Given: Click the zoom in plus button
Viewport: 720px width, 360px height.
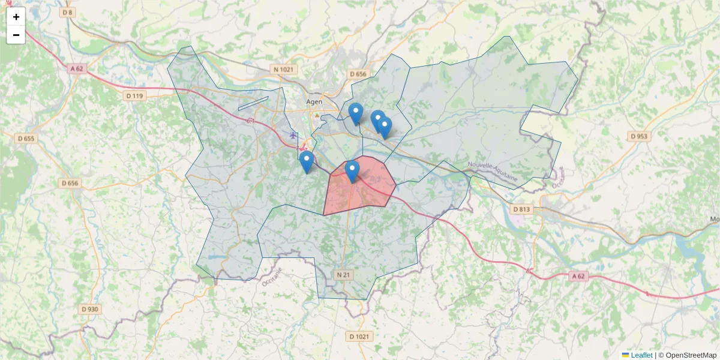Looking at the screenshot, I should click(16, 17).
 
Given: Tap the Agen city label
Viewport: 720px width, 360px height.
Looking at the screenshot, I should click(314, 102).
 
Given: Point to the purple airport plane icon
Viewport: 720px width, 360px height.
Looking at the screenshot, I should click(293, 135).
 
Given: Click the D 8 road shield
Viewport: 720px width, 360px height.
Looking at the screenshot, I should click(67, 13).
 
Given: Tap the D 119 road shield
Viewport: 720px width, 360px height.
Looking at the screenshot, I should click(135, 96).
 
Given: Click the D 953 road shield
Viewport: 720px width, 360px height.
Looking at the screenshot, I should click(640, 136).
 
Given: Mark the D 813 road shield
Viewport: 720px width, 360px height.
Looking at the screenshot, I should click(521, 209).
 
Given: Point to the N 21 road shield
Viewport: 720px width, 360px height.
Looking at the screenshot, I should click(343, 275).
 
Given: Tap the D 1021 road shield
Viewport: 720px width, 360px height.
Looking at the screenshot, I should click(359, 336).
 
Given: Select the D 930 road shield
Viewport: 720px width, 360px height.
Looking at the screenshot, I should click(89, 309).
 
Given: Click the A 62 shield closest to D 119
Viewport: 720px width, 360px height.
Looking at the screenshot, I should click(77, 69).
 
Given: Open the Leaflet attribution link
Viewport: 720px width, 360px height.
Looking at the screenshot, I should click(641, 355).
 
